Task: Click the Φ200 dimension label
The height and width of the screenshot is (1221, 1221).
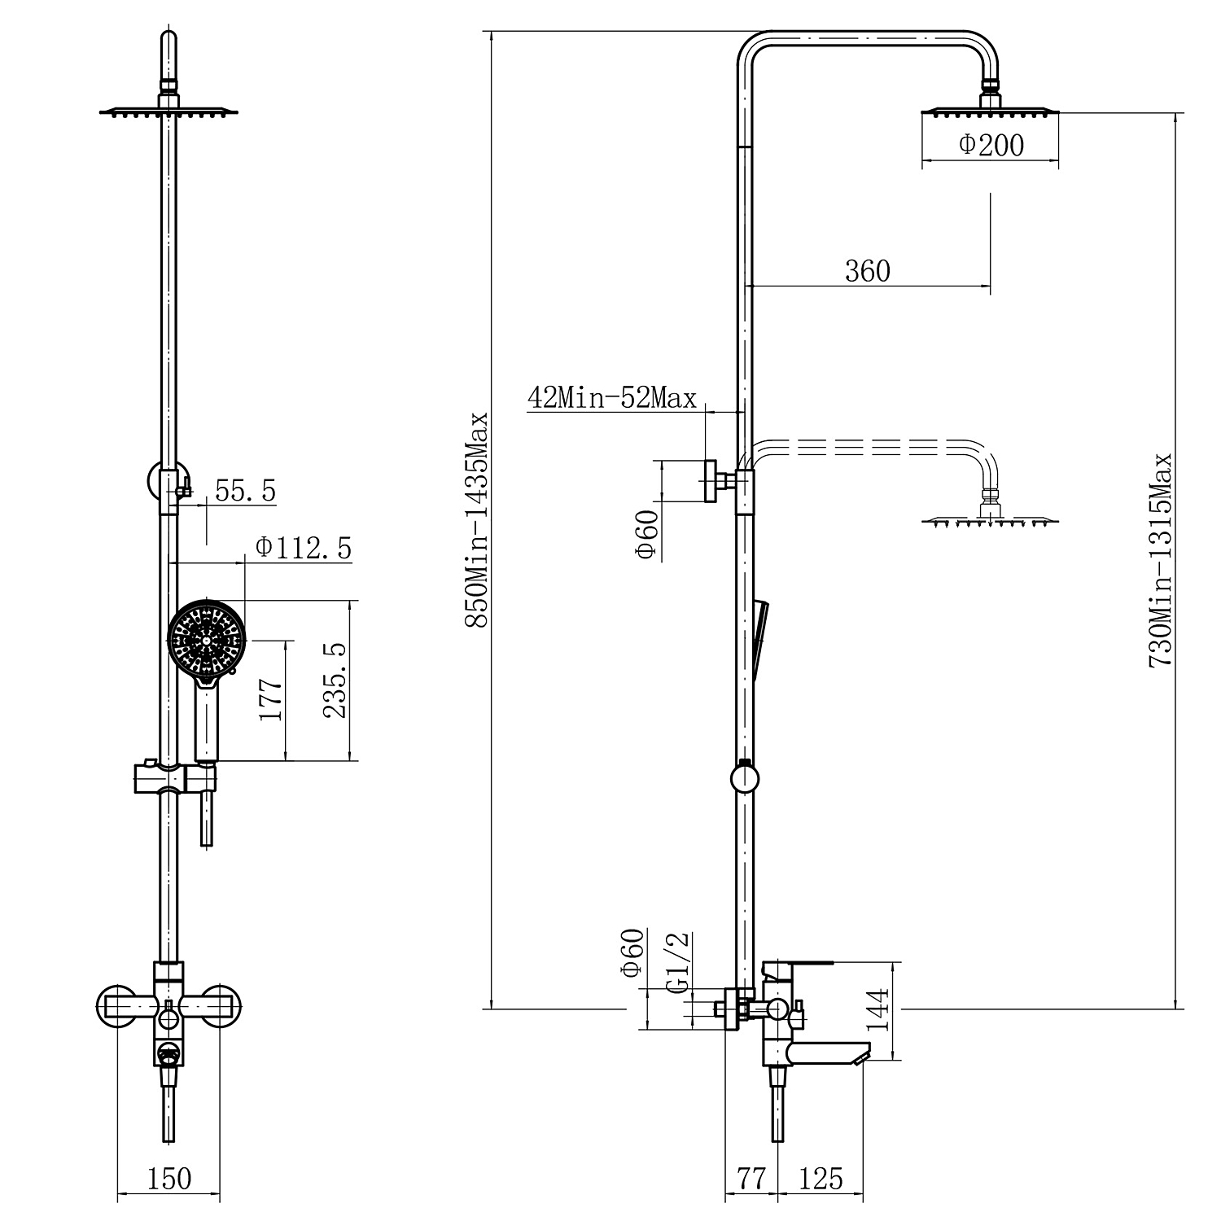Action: pos(991,145)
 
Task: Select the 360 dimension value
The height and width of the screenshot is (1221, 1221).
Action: pos(868,270)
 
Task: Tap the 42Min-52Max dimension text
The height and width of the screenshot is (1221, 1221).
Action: pos(612,397)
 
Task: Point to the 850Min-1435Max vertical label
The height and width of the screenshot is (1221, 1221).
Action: pos(476,521)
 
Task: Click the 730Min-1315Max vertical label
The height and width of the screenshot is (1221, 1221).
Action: pos(1160,562)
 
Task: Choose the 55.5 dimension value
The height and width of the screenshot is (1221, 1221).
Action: pos(245,491)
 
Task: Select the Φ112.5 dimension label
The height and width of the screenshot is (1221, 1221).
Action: pos(304,548)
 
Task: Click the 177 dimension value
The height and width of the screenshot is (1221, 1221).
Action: pos(270,698)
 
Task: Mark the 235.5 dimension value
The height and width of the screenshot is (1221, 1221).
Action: pos(335,681)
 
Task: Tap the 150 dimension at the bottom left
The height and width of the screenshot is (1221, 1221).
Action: pos(169,1179)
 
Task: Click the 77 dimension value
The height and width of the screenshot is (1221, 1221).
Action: pos(751,1179)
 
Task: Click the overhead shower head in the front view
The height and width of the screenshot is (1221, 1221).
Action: pos(169,112)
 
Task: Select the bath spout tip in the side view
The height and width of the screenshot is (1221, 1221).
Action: pos(861,1056)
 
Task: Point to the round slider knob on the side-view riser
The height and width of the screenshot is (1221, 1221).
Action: pos(744,777)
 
